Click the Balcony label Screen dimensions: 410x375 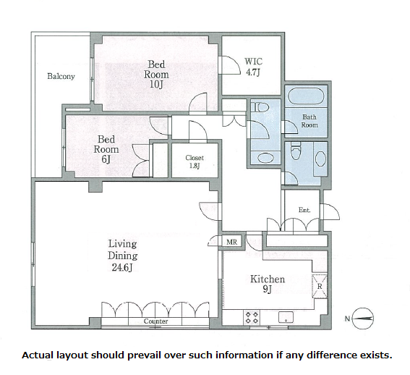pyautogui.click(x=61, y=76)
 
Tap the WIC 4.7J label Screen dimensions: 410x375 pyautogui.click(x=253, y=67)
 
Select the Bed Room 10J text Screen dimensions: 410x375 pyautogui.click(x=156, y=75)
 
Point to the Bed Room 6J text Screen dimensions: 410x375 pyautogui.click(x=106, y=149)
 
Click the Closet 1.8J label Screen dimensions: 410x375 pyautogui.click(x=195, y=161)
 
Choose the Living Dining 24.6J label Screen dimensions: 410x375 pyautogui.click(x=123, y=256)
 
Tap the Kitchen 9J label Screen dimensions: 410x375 pyautogui.click(x=268, y=284)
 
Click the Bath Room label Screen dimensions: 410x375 pyautogui.click(x=309, y=121)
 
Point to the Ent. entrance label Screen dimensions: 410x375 pyautogui.click(x=304, y=210)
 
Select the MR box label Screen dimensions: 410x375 pyautogui.click(x=231, y=242)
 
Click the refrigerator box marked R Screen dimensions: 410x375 pyautogui.click(x=320, y=286)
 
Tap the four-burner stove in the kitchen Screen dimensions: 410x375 pyautogui.click(x=252, y=317)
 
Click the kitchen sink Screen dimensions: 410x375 pyautogui.click(x=286, y=317)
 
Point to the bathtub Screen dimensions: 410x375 pyautogui.click(x=306, y=96)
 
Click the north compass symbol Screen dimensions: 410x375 pyautogui.click(x=362, y=319)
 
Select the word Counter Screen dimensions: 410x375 pyautogui.click(x=155, y=321)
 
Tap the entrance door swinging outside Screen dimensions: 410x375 pyautogui.click(x=330, y=211)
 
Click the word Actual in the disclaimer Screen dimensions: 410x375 pyautogui.click(x=38, y=355)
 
